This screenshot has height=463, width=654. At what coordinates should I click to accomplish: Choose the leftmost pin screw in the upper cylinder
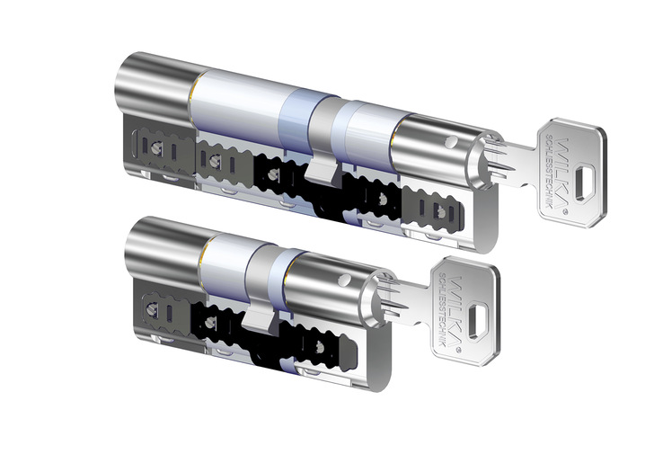[x=157, y=147]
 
